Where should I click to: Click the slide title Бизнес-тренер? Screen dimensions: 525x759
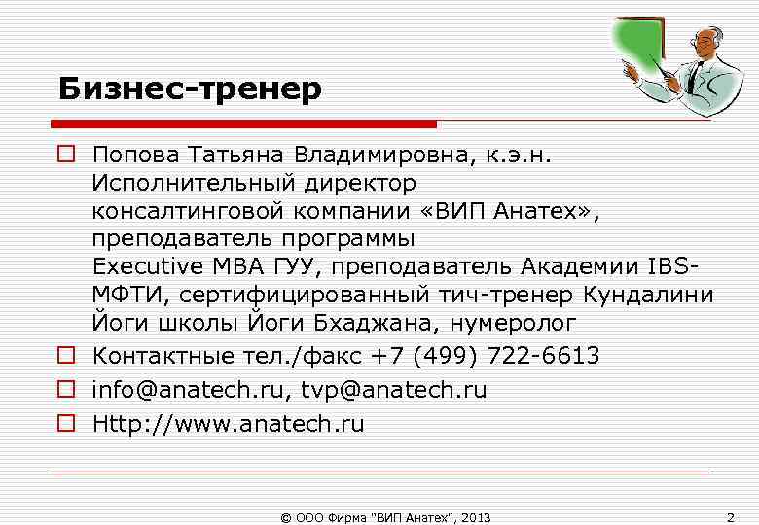click(x=190, y=89)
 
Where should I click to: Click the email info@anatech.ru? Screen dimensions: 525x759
click(x=183, y=390)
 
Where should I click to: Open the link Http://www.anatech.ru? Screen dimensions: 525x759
click(x=228, y=424)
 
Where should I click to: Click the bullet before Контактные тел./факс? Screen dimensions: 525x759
click(x=66, y=356)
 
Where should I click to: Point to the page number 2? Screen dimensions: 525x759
click(x=731, y=516)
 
